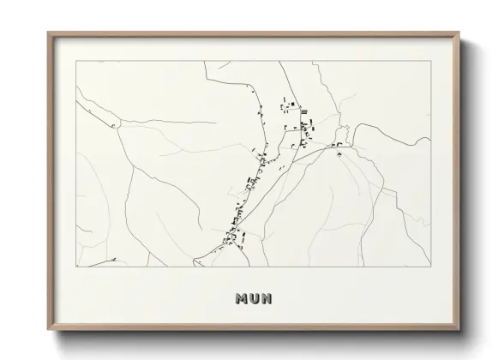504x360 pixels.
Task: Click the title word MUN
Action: pos(252,298)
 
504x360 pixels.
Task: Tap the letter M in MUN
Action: pos(241,298)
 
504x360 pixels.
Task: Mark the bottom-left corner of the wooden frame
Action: pos(48,333)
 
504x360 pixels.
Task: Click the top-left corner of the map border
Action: pos(76,61)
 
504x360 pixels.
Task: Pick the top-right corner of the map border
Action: pos(429,61)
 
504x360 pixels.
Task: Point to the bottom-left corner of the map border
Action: pos(76,267)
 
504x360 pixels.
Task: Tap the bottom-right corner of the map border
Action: pos(429,267)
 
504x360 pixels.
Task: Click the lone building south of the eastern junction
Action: pos(339,155)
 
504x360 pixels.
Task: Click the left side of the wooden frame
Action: pos(50,183)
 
